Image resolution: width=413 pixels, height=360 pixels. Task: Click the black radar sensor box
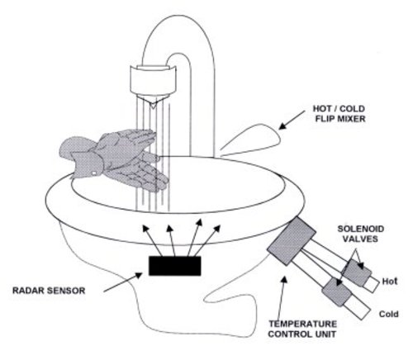(175, 266)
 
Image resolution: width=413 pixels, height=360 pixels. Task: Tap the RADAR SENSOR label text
(49, 291)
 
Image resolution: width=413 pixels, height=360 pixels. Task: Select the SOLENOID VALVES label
(361, 234)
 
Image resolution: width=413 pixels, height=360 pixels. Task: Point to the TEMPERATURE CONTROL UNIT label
(302, 329)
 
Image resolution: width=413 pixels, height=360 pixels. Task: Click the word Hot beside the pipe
(390, 282)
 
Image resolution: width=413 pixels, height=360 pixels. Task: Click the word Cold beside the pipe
(388, 314)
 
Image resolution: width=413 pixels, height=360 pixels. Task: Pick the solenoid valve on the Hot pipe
(357, 272)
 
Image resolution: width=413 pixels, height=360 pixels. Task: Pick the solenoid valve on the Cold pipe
(337, 292)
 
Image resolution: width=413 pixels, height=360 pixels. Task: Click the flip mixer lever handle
(250, 140)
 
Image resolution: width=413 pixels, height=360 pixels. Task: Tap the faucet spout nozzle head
(153, 82)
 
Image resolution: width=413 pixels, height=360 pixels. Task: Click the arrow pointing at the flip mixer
(292, 120)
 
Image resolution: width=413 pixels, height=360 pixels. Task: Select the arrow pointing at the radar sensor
(123, 282)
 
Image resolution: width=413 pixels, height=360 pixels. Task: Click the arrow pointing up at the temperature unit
(282, 299)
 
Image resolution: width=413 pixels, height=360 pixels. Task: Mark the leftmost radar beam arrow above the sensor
(151, 240)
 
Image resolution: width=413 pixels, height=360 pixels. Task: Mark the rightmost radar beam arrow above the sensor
(207, 240)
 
